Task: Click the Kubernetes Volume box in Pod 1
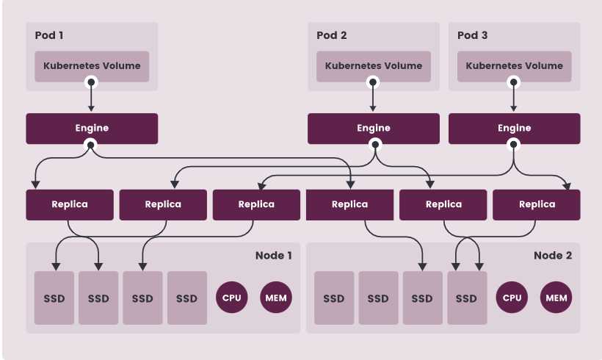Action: (92, 66)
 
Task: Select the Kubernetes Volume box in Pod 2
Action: (374, 66)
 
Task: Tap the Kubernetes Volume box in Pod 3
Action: (514, 66)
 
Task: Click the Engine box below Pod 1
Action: (92, 129)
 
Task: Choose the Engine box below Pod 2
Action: (374, 129)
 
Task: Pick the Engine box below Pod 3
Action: (514, 129)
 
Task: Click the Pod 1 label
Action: (49, 35)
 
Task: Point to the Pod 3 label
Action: (472, 35)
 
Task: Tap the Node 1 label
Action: (273, 256)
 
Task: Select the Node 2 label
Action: (552, 256)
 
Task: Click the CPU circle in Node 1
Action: (231, 298)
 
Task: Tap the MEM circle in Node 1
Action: (275, 298)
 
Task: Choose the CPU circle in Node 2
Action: (511, 298)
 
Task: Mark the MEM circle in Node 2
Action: (556, 298)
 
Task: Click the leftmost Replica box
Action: (70, 204)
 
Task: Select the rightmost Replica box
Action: (536, 204)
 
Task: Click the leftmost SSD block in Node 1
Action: (54, 298)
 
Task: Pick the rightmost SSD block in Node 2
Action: (466, 298)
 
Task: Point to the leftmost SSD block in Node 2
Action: (334, 298)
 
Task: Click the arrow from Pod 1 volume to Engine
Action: (92, 97)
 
